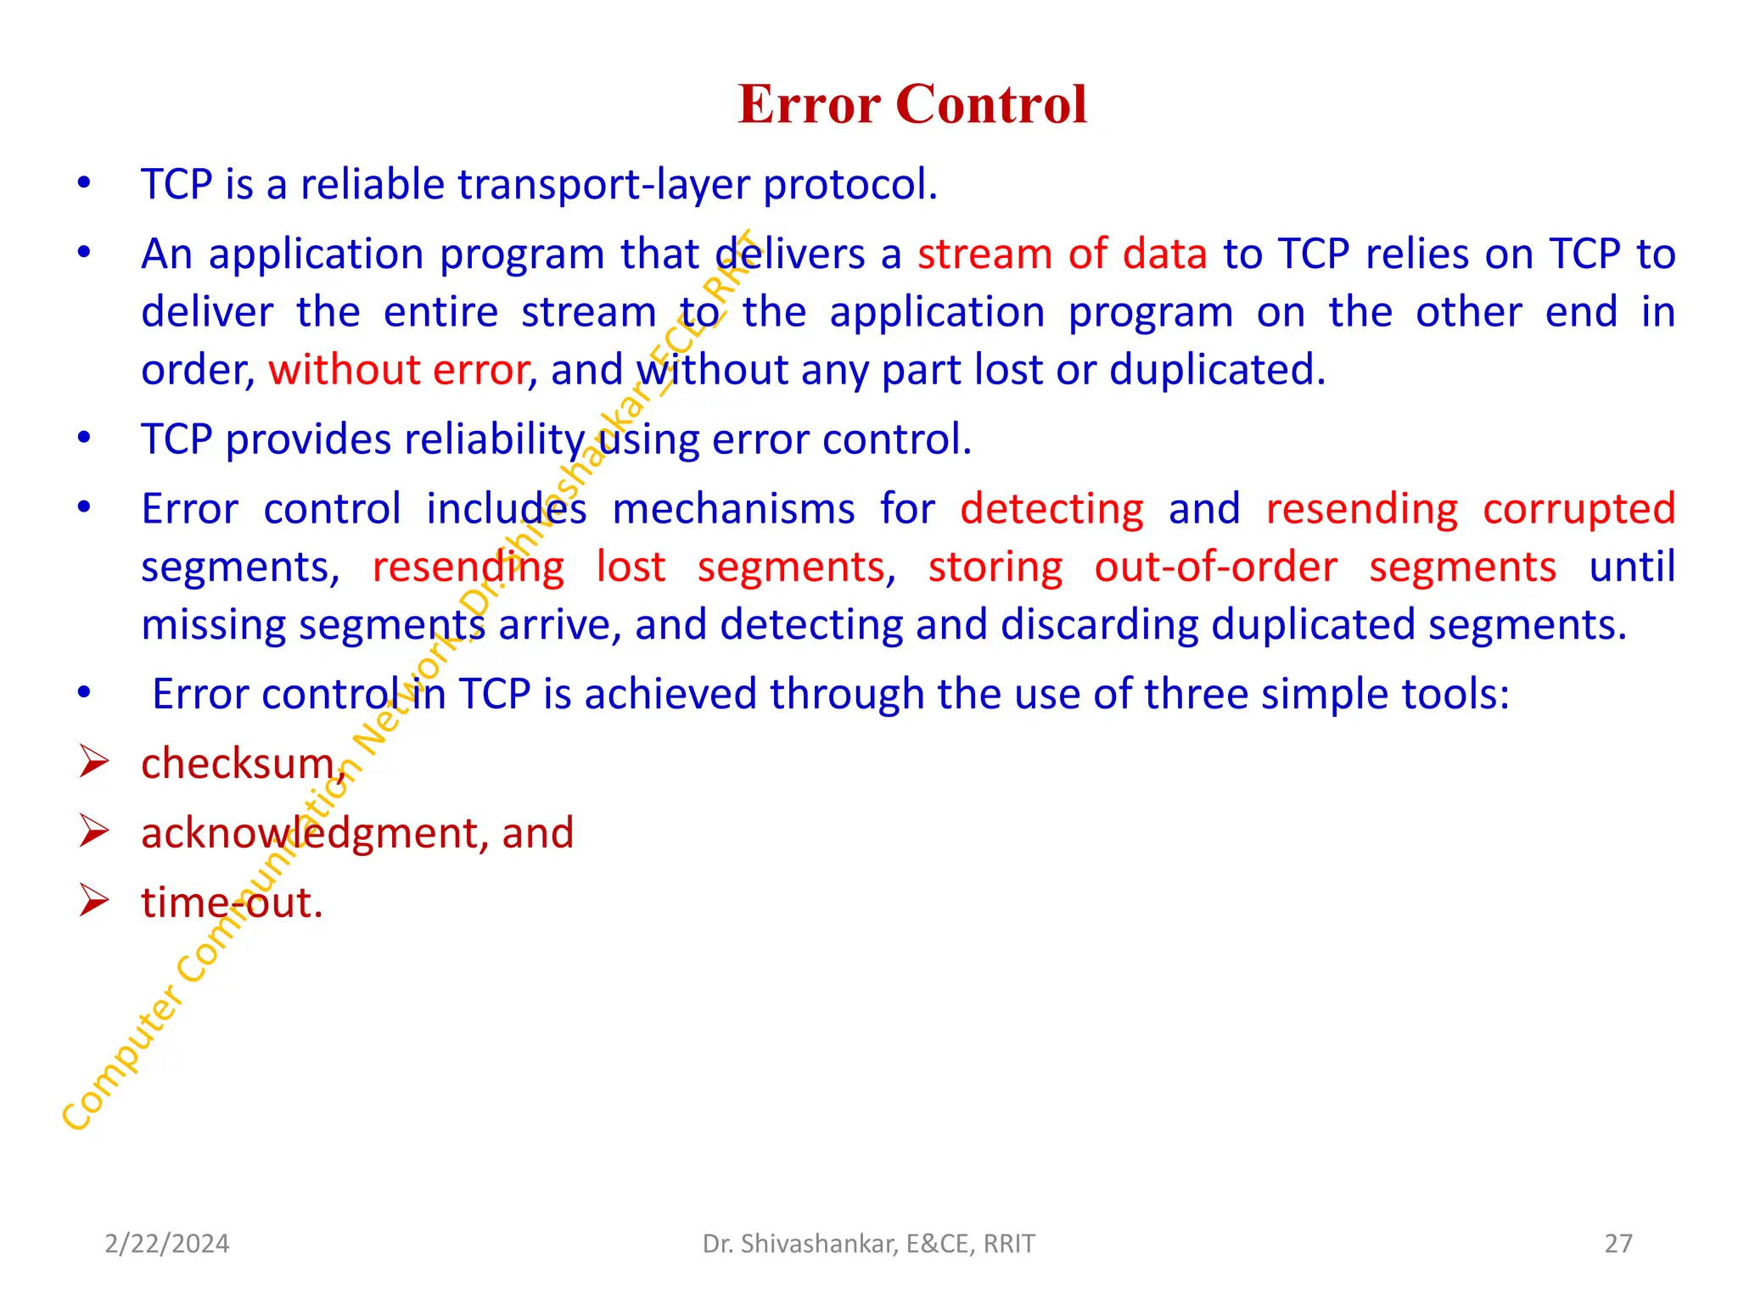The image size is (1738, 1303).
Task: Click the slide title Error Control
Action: point(912,104)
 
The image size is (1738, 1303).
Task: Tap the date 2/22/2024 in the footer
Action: point(166,1244)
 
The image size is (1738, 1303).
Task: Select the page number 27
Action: point(1617,1244)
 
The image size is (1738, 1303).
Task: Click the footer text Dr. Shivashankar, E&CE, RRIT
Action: point(868,1244)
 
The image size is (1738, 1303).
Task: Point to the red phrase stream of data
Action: point(1062,254)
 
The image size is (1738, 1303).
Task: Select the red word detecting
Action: point(1051,509)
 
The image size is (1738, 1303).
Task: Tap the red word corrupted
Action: point(1578,509)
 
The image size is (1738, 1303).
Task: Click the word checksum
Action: point(238,763)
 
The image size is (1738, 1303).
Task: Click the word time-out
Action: point(231,903)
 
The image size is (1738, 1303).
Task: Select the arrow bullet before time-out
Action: point(93,900)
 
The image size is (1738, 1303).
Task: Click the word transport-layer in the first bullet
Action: point(603,185)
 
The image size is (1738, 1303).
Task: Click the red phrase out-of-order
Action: point(1215,567)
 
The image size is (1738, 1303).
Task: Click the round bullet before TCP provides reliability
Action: point(83,438)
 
